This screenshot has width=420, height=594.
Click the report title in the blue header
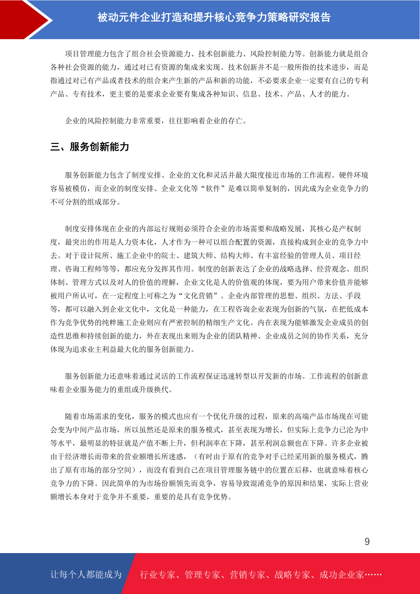[x=214, y=18]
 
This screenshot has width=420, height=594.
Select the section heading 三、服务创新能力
[x=90, y=147]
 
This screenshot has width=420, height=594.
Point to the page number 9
[x=367, y=542]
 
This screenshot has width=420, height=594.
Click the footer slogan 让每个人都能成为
[x=86, y=575]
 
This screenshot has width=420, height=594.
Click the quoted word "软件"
[x=213, y=189]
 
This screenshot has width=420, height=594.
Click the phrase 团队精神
[x=239, y=336]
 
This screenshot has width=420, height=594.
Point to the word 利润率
[x=217, y=443]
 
